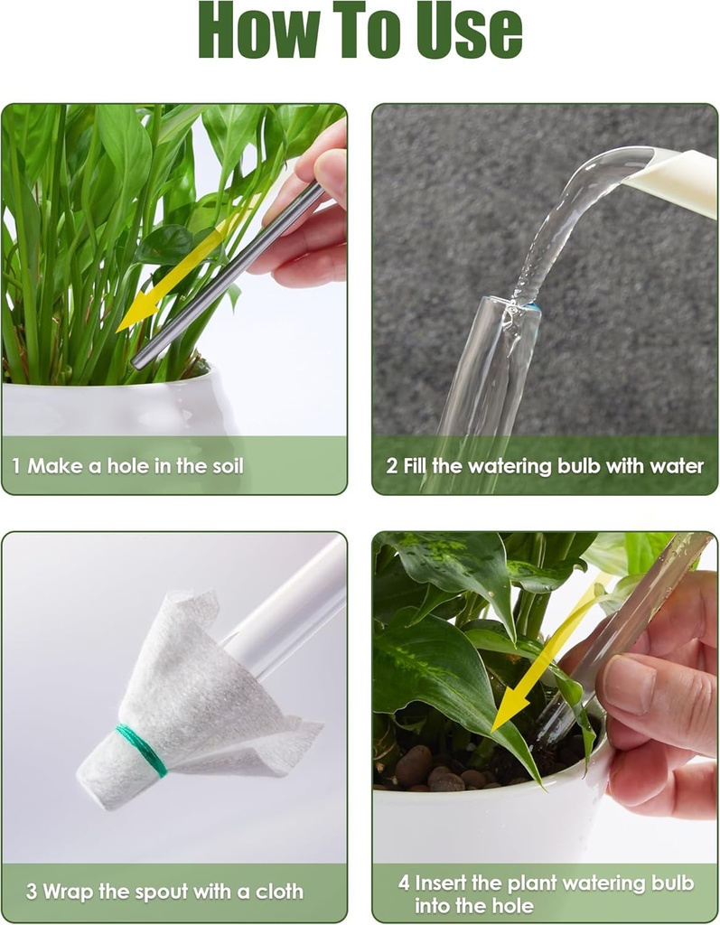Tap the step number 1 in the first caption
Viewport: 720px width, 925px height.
(x=16, y=467)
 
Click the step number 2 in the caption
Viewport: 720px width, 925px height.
(x=391, y=467)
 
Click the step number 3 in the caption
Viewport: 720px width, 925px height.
(x=31, y=892)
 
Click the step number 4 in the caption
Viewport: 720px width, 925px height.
(x=404, y=883)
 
